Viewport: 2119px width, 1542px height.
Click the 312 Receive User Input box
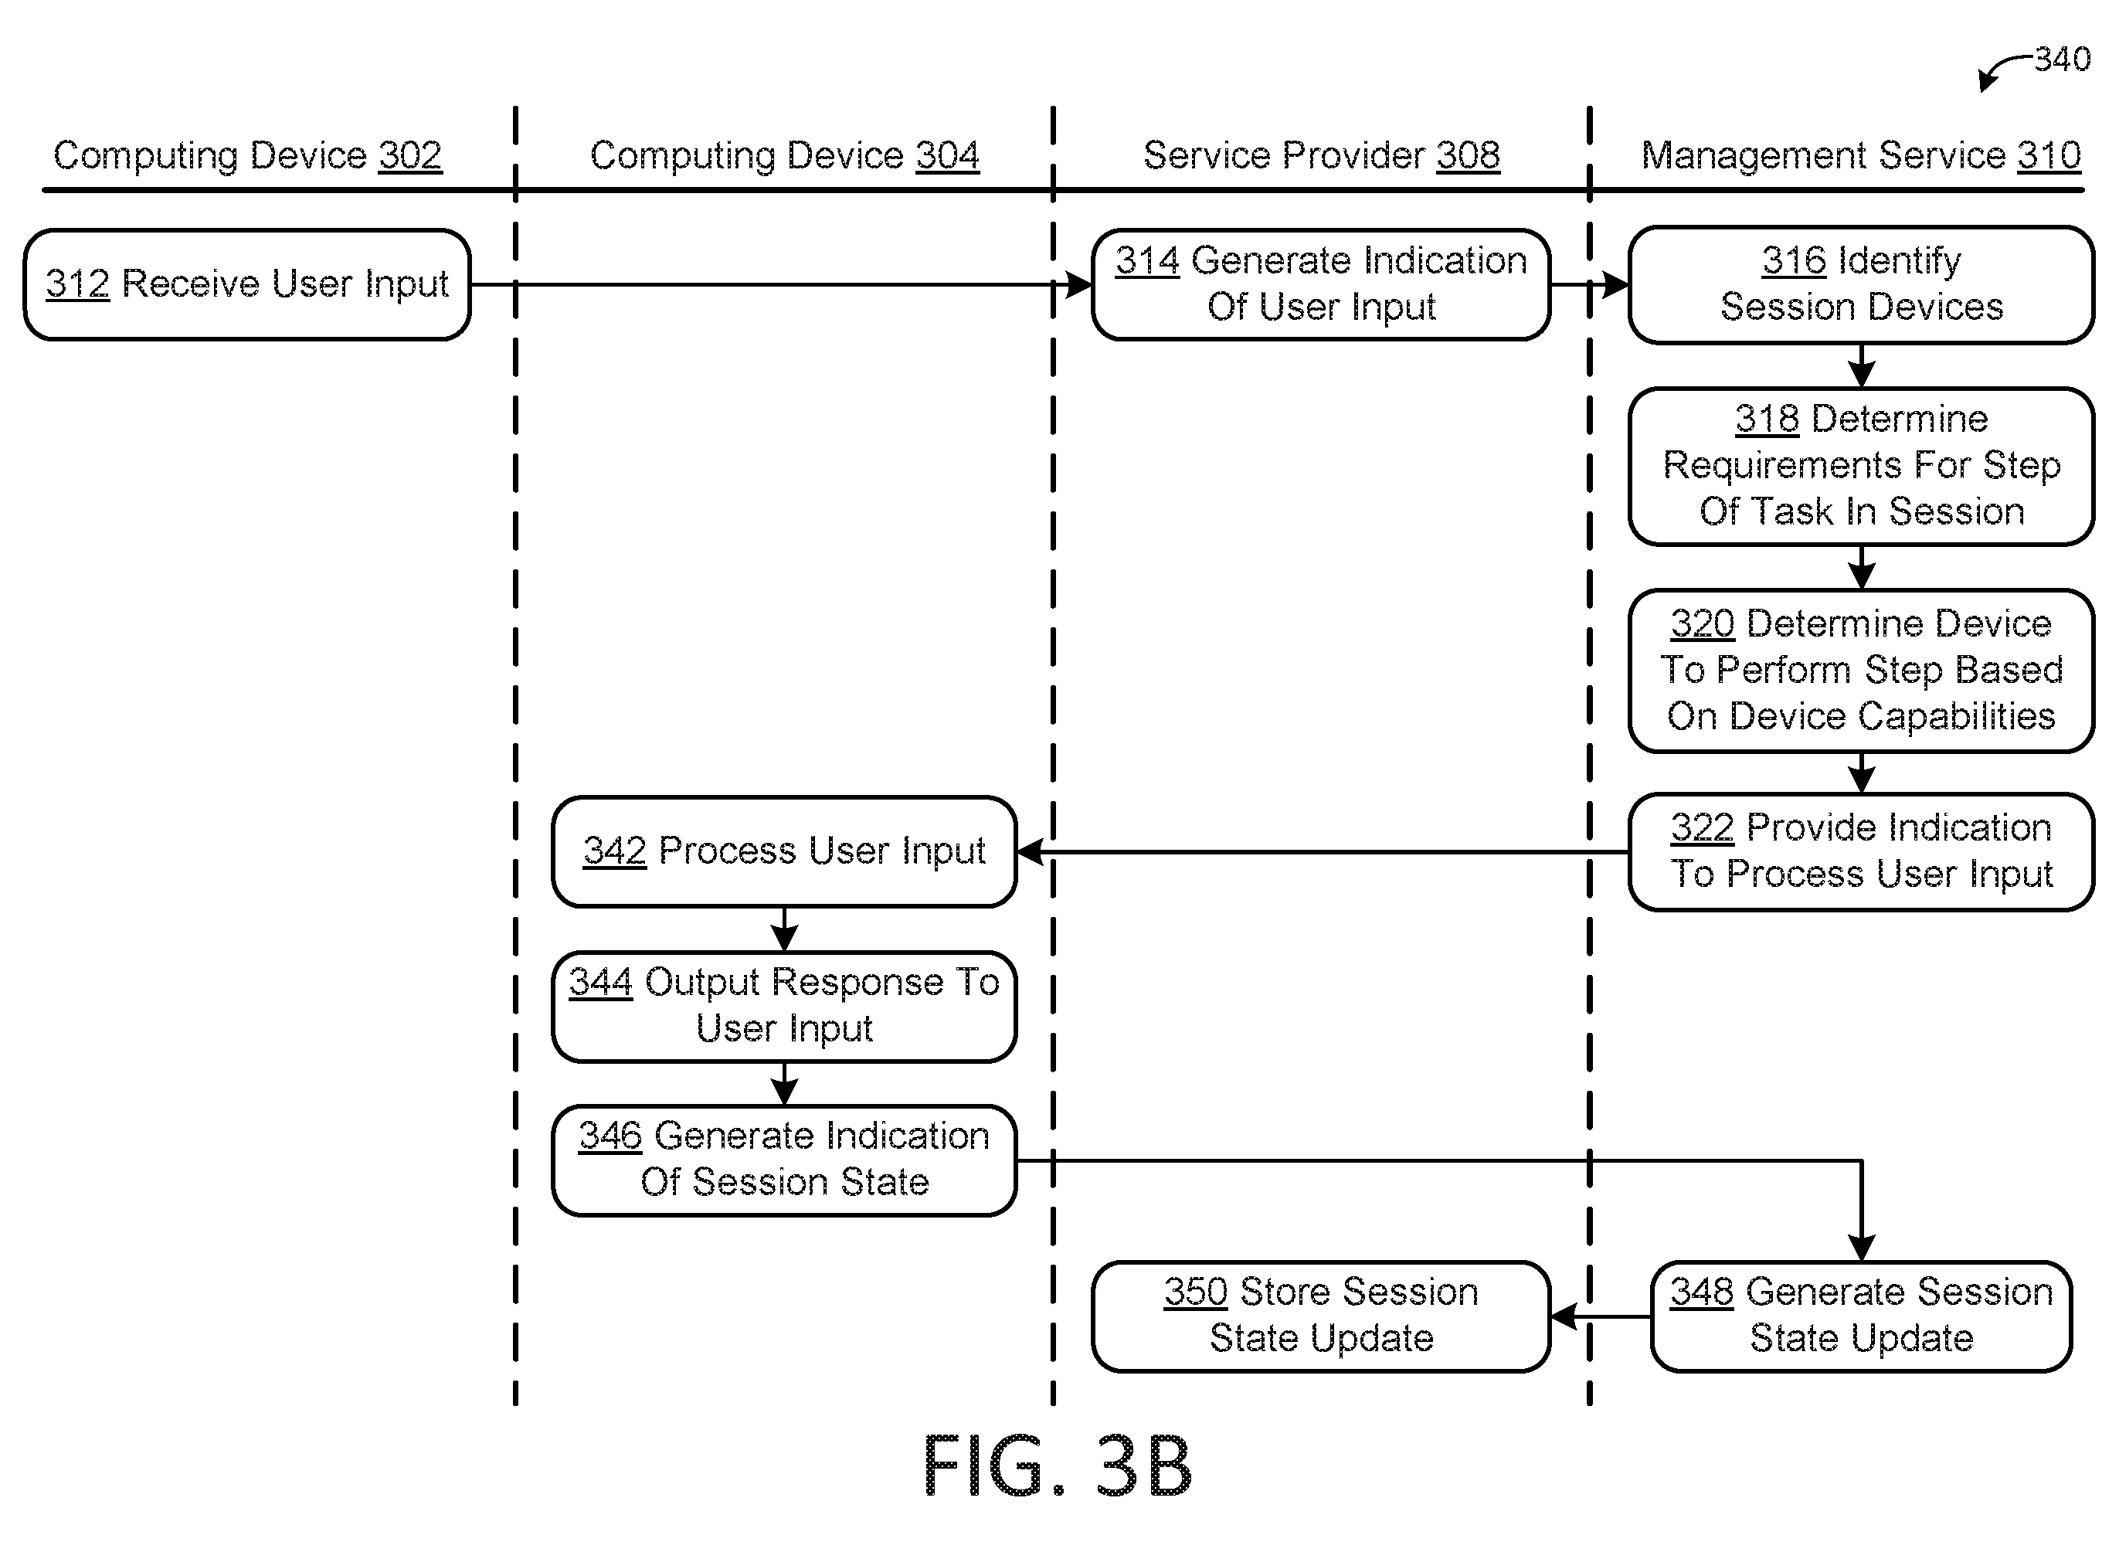click(246, 284)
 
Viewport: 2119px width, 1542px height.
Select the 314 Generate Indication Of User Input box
click(1321, 284)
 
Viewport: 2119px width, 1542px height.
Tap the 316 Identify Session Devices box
click(1861, 284)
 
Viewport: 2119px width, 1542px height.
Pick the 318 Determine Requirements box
click(1861, 465)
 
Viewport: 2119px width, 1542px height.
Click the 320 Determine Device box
click(1861, 670)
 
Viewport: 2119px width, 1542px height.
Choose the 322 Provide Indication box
click(1861, 851)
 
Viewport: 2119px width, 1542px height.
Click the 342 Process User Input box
click(784, 851)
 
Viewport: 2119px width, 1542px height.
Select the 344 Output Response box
click(784, 1007)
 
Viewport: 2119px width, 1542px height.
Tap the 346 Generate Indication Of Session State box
click(784, 1160)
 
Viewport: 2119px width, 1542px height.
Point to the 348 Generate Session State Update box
click(1861, 1316)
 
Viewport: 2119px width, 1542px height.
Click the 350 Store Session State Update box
click(1321, 1316)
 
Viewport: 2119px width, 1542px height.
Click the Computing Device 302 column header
click(248, 155)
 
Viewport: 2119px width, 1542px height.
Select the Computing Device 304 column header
click(785, 155)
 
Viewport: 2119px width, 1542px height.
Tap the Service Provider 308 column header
click(1321, 155)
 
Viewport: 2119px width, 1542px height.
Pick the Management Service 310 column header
click(1861, 155)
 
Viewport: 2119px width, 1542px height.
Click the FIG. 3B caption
click(1058, 1466)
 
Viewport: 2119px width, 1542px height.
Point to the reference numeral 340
click(2062, 59)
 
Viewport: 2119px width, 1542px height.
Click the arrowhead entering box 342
click(1030, 851)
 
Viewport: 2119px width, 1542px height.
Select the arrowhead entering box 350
click(1563, 1316)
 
